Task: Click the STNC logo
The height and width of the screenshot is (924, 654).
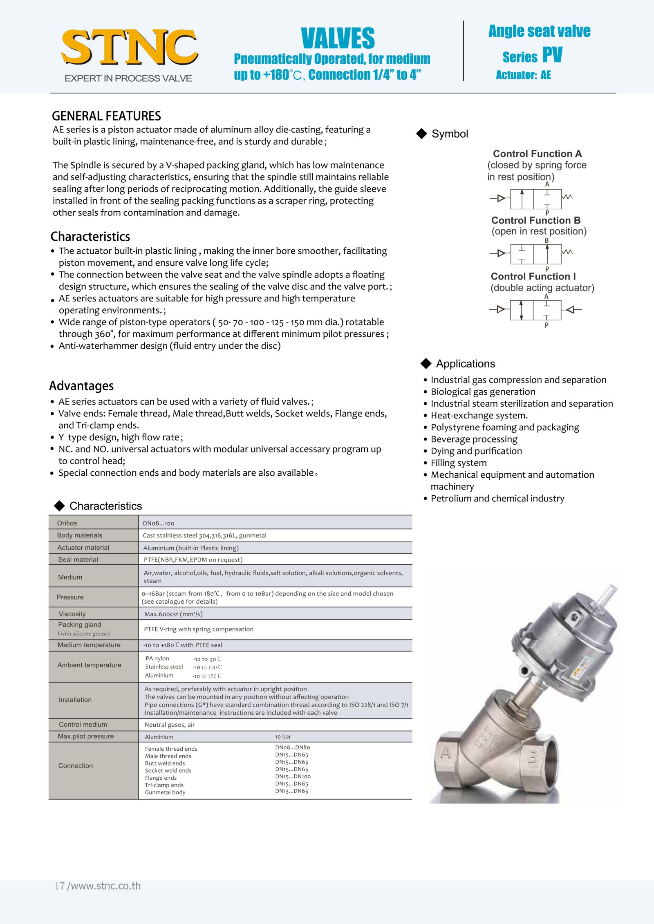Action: click(129, 48)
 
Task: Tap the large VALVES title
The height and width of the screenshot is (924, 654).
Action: click(338, 38)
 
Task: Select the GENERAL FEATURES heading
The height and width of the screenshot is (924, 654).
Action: click(106, 116)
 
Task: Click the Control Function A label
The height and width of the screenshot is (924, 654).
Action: click(537, 154)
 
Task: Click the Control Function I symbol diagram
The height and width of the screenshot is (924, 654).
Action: click(535, 310)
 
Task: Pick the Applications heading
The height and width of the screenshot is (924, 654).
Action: click(465, 364)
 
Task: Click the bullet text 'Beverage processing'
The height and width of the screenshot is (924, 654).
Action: click(474, 439)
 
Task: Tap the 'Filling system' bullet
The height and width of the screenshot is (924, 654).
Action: click(459, 463)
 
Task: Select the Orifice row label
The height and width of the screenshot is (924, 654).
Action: click(67, 523)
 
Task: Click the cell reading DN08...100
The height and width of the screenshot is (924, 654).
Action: click(159, 524)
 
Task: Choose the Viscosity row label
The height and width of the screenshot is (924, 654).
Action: click(72, 614)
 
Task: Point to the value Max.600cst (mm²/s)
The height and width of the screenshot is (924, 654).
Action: click(173, 614)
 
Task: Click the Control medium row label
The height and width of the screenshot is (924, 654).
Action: click(83, 725)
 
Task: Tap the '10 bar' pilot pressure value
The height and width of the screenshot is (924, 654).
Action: click(283, 736)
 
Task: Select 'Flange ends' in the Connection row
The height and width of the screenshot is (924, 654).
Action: click(161, 778)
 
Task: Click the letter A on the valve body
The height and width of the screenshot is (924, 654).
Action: click(446, 752)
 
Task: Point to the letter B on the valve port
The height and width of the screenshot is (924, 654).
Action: click(533, 757)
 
